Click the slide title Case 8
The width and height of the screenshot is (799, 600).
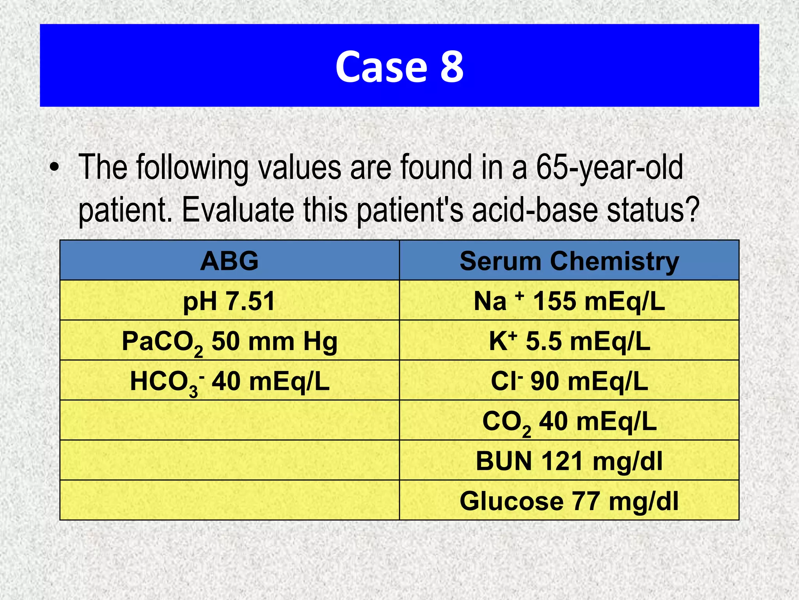coord(399,66)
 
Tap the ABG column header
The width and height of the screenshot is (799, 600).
coord(229,261)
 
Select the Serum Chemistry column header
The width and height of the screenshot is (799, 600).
coord(569,261)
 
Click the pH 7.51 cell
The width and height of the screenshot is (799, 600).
coord(229,301)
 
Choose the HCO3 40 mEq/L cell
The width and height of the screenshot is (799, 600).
coord(229,381)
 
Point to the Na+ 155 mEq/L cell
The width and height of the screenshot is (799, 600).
coord(569,301)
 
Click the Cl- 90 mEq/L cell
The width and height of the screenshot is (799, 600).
coord(569,381)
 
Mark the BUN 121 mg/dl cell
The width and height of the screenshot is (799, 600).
coord(569,461)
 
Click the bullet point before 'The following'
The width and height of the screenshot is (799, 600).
coord(55,168)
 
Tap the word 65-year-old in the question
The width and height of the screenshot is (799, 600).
coord(609,168)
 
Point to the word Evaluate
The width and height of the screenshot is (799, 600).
coord(238,210)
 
